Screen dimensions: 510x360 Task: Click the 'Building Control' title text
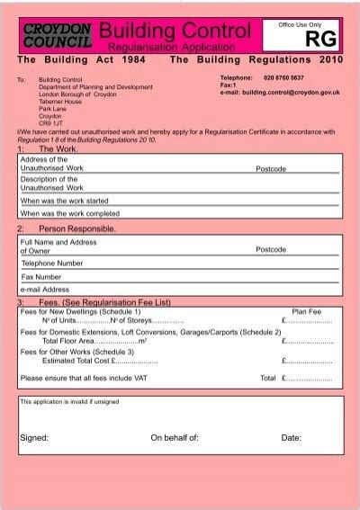[175, 31]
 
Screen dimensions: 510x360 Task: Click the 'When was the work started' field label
[64, 201]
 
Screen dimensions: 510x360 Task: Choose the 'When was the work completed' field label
[69, 214]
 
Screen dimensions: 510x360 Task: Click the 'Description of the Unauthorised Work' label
[51, 183]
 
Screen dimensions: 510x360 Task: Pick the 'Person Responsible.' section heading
[76, 230]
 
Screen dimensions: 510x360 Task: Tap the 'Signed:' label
[33, 438]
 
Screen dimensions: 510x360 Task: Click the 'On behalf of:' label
[175, 438]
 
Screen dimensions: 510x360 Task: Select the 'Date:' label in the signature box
[291, 438]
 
